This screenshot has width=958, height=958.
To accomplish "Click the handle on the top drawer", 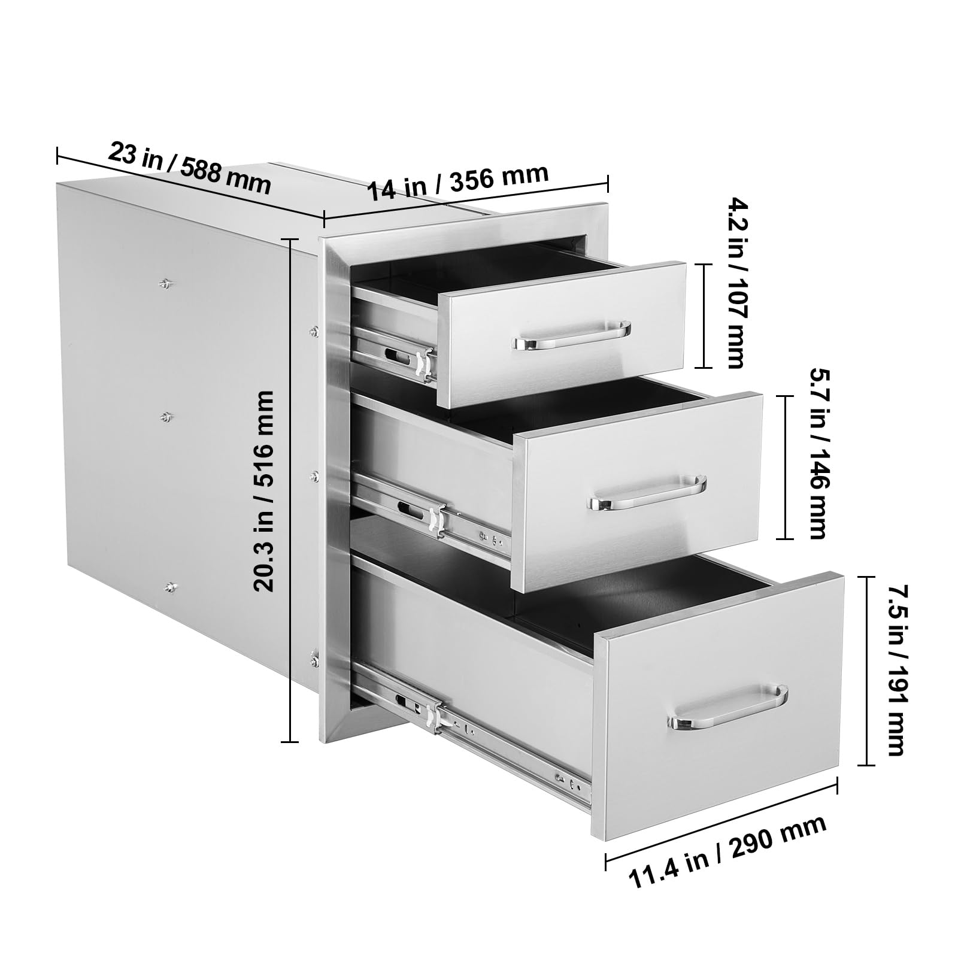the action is (x=572, y=338).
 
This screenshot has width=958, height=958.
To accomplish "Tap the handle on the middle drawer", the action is (x=648, y=492).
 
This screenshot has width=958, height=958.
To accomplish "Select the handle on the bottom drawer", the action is (x=729, y=708).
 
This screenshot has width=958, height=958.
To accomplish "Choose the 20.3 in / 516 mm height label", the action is (x=263, y=491).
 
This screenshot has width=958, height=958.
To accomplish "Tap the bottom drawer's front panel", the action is (x=718, y=707).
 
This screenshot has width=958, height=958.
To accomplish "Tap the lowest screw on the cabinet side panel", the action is (x=171, y=589).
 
